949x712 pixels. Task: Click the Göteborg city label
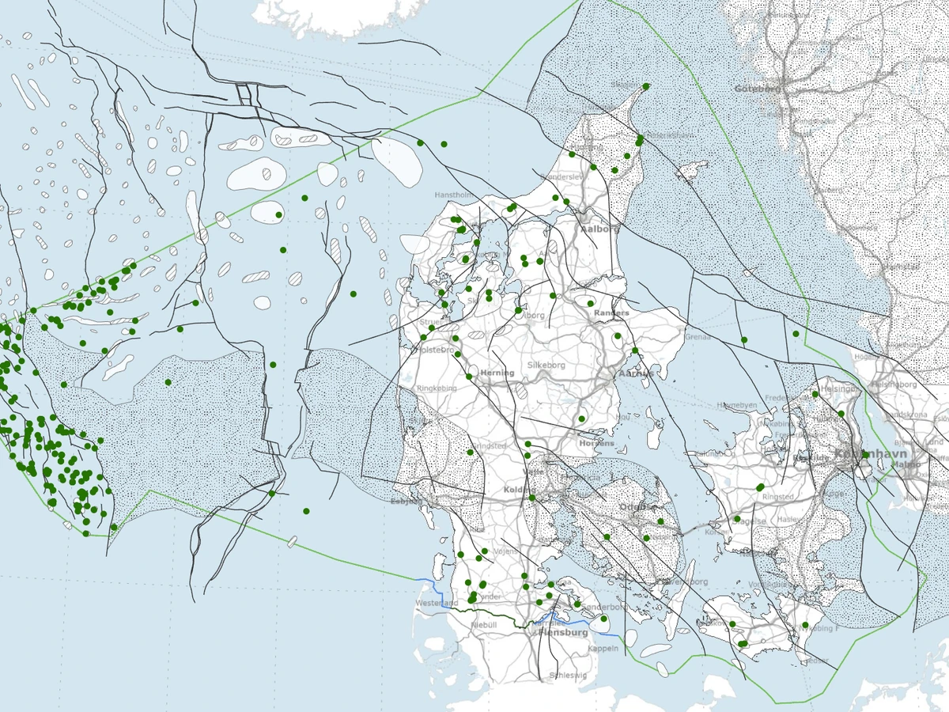pos(758,89)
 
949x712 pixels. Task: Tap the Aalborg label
pos(598,229)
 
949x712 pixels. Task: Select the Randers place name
pos(611,313)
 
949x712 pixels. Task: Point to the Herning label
pos(497,373)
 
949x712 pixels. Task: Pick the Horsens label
pos(596,444)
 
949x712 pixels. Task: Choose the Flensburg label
pos(562,633)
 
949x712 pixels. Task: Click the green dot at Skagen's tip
pos(646,86)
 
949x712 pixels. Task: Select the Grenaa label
pos(698,337)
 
